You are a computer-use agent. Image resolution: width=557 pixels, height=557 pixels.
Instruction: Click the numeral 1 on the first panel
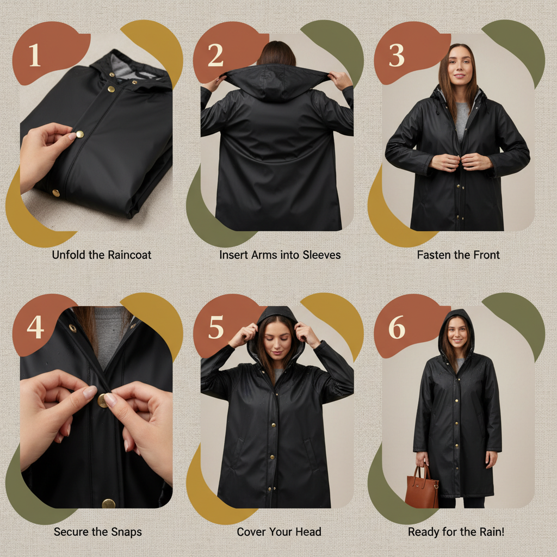[x=34, y=55]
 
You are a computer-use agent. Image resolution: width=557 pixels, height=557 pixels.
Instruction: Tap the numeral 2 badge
[x=215, y=55]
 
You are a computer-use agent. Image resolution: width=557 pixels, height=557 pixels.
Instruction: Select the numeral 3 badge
[x=397, y=55]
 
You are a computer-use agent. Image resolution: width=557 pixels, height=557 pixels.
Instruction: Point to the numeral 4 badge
[x=35, y=327]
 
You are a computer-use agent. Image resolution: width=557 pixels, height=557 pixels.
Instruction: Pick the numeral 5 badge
[x=216, y=327]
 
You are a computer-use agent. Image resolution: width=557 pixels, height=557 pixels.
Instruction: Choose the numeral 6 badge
[x=397, y=327]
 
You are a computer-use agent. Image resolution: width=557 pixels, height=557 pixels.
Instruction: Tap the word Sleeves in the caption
[x=321, y=255]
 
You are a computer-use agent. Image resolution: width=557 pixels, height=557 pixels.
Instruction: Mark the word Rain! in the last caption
[x=492, y=532]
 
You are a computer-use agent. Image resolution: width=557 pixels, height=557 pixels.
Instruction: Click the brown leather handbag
[x=422, y=486]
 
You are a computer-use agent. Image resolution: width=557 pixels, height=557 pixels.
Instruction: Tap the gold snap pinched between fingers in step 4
[x=102, y=400]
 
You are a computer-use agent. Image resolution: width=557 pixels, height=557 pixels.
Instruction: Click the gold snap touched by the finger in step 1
[x=80, y=134]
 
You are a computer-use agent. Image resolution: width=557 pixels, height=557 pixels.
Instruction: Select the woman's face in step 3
[x=460, y=65]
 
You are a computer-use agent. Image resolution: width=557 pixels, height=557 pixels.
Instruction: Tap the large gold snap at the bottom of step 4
[x=108, y=504]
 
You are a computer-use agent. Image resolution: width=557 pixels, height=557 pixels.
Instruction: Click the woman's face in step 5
[x=277, y=342]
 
